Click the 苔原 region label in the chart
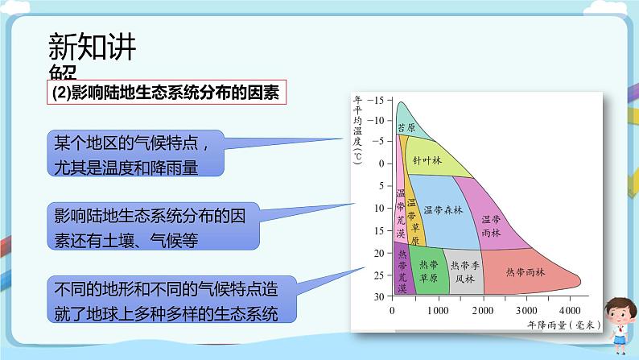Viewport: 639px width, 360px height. [406, 127]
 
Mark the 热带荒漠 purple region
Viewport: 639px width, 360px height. [402, 270]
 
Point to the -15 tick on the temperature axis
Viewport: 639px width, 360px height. [377, 99]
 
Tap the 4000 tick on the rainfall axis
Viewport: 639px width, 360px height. [568, 310]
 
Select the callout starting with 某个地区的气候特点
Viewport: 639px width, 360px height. [133, 153]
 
